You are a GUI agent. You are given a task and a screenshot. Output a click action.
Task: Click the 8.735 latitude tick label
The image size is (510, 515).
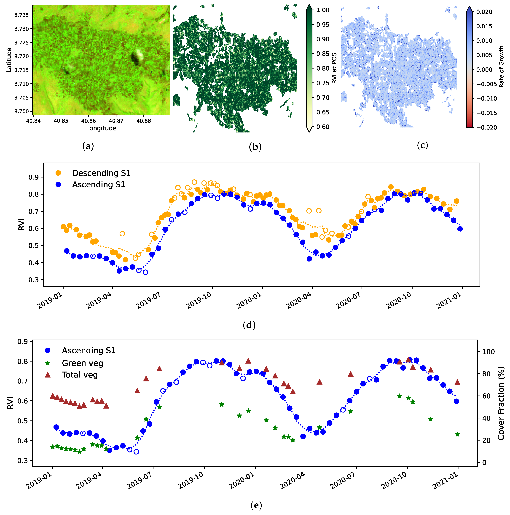[x=21, y=15]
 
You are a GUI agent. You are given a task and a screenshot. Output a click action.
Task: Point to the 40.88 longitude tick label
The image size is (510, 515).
[x=144, y=121]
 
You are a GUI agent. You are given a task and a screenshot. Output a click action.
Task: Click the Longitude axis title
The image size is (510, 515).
[x=101, y=128]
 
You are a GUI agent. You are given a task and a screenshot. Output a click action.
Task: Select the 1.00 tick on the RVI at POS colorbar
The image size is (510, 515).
[x=323, y=10]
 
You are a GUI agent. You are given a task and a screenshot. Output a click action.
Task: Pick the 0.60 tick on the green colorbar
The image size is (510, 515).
[x=323, y=127]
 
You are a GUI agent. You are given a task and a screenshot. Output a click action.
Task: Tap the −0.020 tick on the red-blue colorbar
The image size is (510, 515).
[x=486, y=127]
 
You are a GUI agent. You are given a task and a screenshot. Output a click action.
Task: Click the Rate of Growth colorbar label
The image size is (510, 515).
[x=502, y=67]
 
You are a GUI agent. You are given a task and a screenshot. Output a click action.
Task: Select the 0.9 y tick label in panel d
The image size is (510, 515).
[x=34, y=177]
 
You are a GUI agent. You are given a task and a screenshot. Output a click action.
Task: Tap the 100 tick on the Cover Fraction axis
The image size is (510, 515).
[x=488, y=352]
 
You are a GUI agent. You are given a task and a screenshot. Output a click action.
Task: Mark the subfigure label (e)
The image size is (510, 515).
[x=256, y=505]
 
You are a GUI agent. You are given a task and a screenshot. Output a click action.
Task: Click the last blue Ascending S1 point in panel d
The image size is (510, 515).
[x=460, y=229]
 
